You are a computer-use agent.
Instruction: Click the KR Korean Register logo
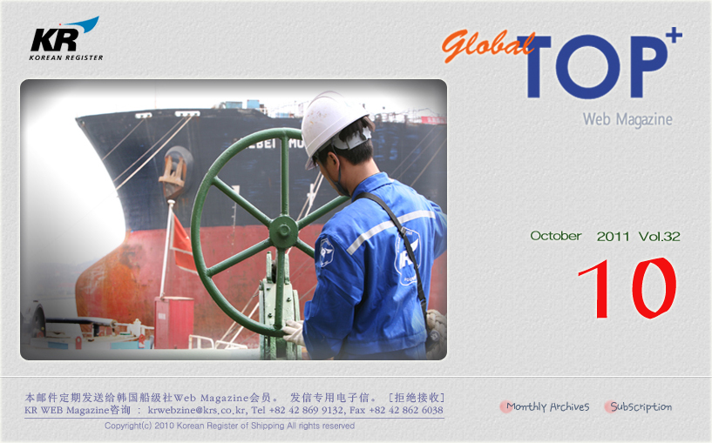[66, 39]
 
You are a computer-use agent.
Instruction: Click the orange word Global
[488, 46]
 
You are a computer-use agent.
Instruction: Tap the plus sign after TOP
[674, 36]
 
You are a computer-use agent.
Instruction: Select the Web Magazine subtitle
[627, 119]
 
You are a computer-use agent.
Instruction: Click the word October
[556, 236]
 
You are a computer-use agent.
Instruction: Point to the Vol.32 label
[660, 236]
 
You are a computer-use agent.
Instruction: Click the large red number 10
[627, 288]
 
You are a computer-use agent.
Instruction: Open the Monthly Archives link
[547, 406]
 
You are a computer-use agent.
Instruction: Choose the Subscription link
[641, 406]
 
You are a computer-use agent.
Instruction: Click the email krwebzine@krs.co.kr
[197, 410]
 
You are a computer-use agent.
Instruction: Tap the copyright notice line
[229, 426]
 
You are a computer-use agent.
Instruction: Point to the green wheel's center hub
[284, 232]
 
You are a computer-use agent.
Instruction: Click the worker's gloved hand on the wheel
[294, 332]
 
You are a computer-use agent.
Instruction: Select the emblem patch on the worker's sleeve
[326, 252]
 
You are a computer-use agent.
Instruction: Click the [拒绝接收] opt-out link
[417, 398]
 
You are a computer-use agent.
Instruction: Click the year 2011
[613, 236]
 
